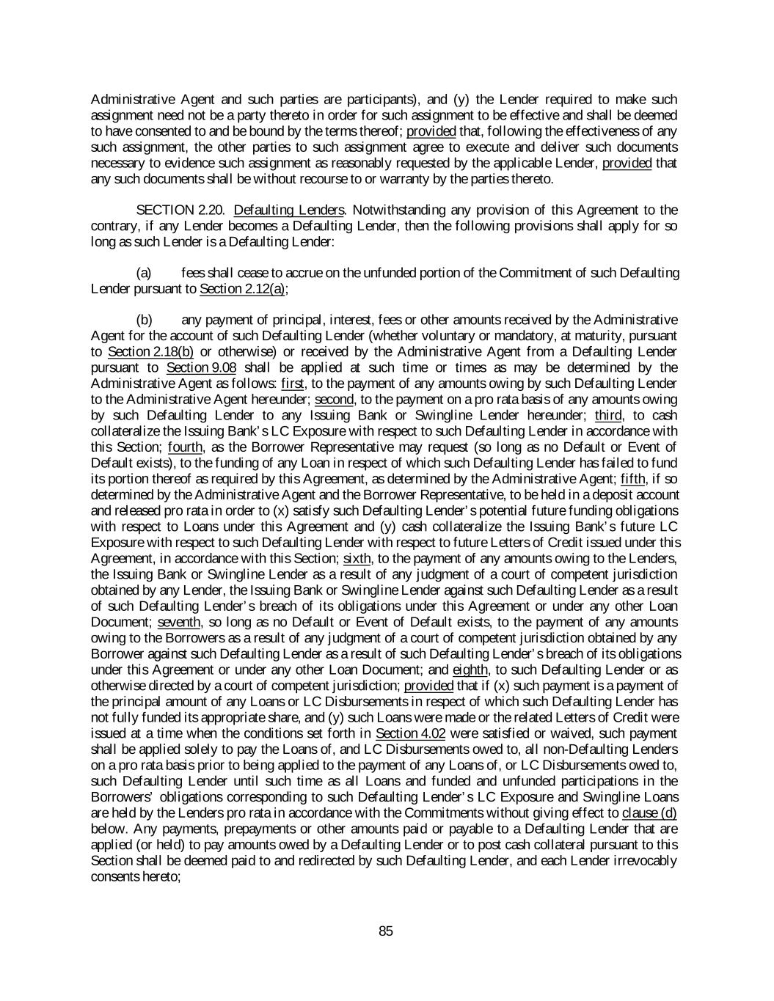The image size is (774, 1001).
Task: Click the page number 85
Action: point(386,931)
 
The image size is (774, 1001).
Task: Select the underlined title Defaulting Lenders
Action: point(289,210)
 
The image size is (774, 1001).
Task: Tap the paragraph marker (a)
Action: point(145,273)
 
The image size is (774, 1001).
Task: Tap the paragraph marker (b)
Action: point(145,320)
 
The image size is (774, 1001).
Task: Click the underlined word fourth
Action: point(185,447)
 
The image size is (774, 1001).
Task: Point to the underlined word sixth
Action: point(357,558)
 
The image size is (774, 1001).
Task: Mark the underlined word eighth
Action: point(470,670)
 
